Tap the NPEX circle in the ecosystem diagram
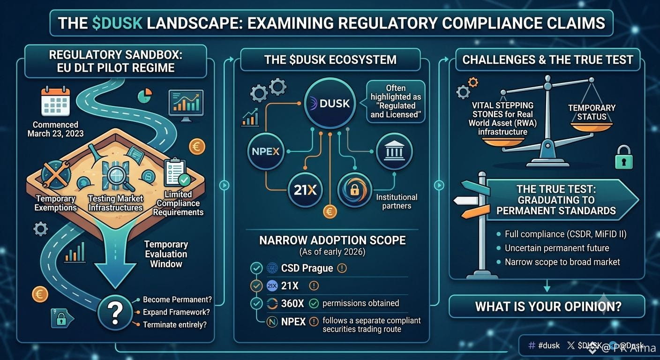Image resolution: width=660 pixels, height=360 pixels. [266, 151]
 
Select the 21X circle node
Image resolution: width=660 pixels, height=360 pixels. [305, 190]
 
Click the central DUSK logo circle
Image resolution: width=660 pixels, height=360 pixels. [330, 104]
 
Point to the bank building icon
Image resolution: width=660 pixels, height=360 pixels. [394, 151]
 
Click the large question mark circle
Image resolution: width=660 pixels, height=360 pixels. [115, 313]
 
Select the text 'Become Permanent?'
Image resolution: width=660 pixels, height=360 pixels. [177, 300]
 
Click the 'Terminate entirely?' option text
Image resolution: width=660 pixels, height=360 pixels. [175, 325]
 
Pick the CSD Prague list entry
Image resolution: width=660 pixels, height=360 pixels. [307, 268]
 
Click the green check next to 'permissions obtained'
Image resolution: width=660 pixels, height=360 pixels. [314, 303]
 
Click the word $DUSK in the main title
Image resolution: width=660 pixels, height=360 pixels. [117, 23]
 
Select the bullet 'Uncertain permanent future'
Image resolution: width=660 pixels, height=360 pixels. [557, 248]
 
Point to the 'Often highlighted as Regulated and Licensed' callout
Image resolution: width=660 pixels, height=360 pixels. [396, 101]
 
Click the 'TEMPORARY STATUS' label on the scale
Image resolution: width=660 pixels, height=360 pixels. [592, 112]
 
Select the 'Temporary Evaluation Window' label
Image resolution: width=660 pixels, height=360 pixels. [166, 254]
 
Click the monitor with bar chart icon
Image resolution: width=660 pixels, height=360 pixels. [186, 105]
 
